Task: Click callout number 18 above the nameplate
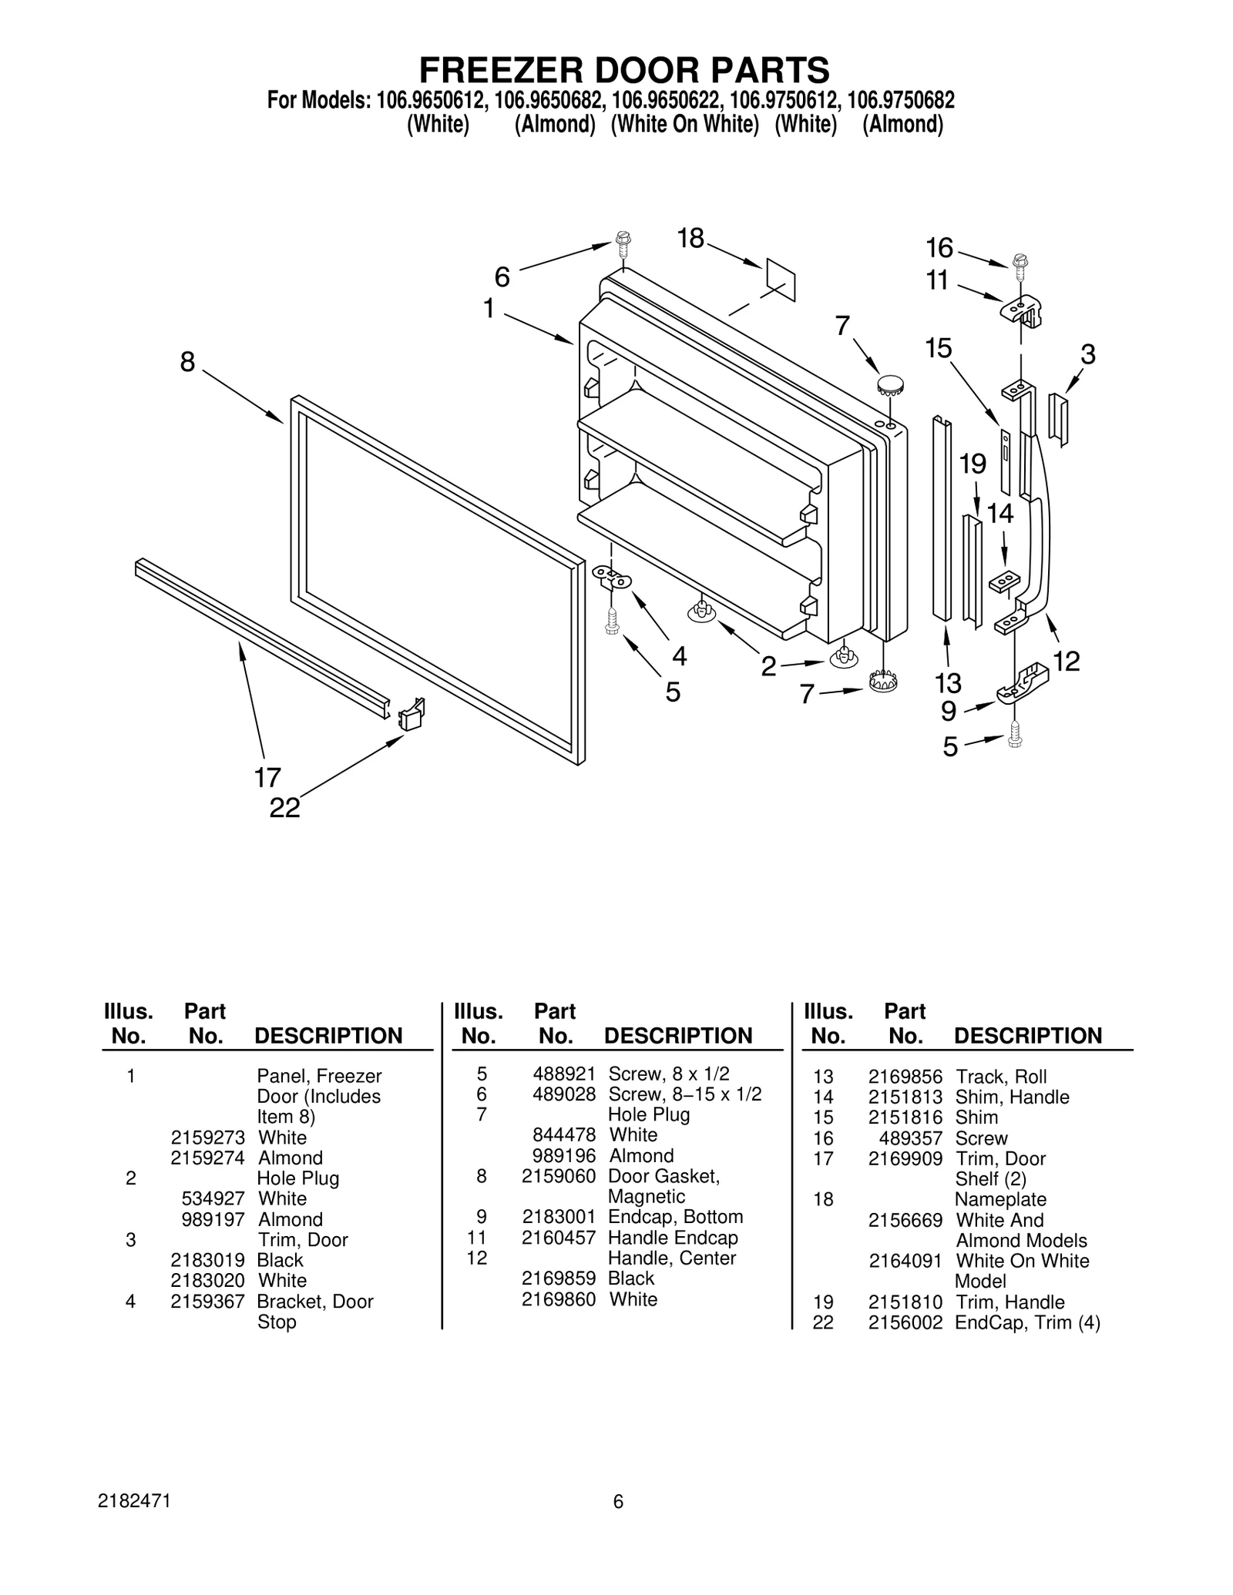(x=690, y=240)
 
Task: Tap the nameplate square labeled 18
(x=780, y=280)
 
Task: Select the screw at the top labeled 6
(x=623, y=246)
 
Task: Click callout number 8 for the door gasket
(x=187, y=361)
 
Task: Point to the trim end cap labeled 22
(x=412, y=714)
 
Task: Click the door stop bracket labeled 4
(x=612, y=577)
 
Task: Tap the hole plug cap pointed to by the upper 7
(x=889, y=384)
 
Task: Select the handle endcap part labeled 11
(x=1022, y=310)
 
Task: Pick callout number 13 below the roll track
(x=948, y=682)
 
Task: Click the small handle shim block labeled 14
(x=1004, y=581)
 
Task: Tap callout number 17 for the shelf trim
(x=267, y=778)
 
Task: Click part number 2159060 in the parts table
(x=558, y=1176)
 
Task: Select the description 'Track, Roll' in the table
(x=1000, y=1077)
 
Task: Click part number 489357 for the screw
(x=910, y=1138)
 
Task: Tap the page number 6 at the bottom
(x=617, y=1502)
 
